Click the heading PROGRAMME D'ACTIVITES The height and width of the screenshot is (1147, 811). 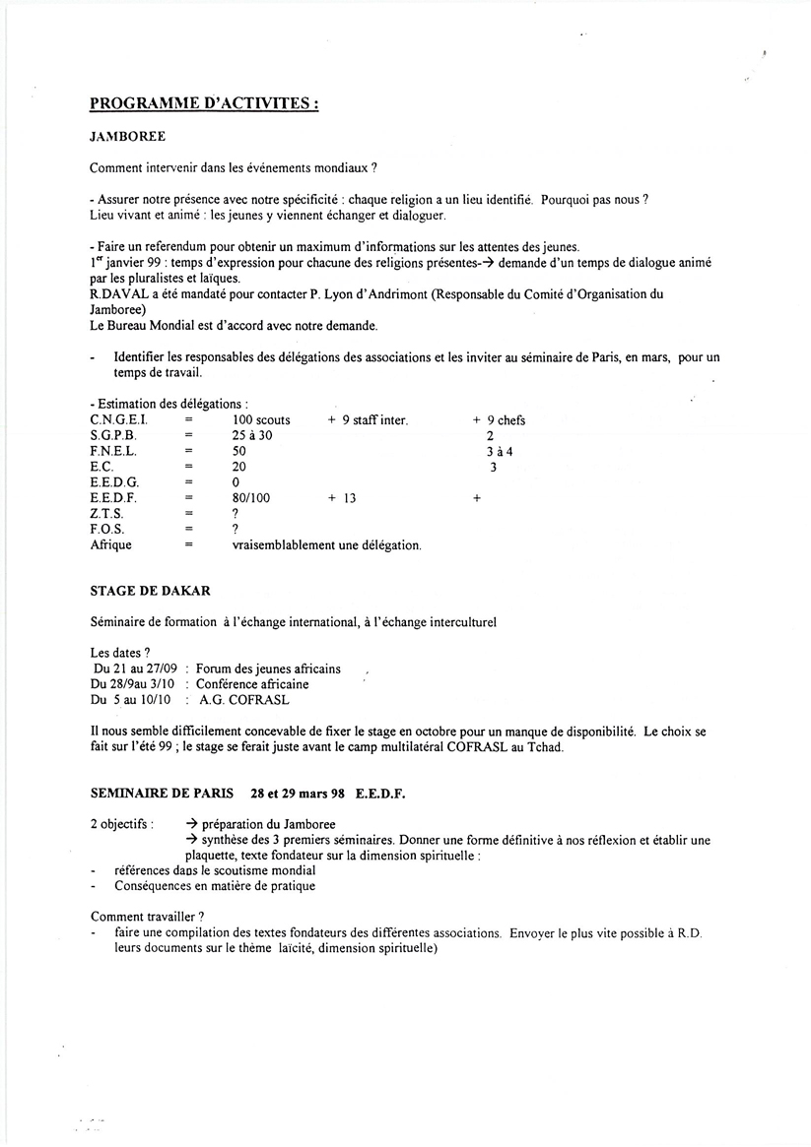coord(203,103)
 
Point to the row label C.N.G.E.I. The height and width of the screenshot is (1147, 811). coord(119,420)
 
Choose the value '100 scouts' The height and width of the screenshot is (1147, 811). coord(261,420)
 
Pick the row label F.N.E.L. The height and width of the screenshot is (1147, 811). coord(113,452)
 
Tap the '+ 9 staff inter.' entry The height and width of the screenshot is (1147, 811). coord(368,420)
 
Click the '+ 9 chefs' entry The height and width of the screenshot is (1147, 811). coord(499,420)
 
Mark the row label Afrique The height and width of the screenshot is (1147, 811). coord(110,545)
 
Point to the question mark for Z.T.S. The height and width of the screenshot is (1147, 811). coord(236,514)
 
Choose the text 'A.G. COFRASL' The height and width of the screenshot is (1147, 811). coord(244,700)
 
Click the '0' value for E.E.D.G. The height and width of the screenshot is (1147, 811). coord(236,483)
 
